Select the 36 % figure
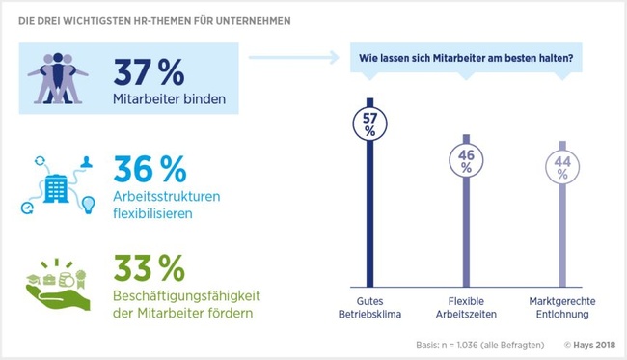coord(149,169)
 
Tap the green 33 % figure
coord(149,265)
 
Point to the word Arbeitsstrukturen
coord(167,196)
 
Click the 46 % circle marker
coord(466,160)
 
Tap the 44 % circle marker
coord(562,166)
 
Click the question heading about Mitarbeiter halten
coord(467,58)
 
